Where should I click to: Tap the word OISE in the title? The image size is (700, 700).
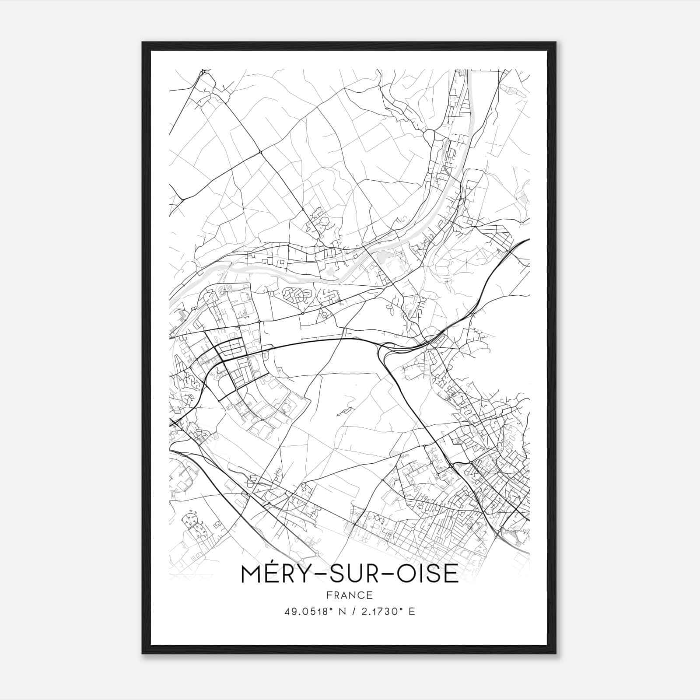pyautogui.click(x=429, y=574)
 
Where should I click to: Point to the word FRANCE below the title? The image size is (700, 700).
pyautogui.click(x=349, y=595)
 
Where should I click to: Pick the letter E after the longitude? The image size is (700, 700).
pyautogui.click(x=411, y=611)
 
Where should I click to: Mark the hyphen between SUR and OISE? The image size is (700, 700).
pyautogui.click(x=397, y=574)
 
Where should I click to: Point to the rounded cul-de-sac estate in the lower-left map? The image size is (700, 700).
pyautogui.click(x=192, y=523)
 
